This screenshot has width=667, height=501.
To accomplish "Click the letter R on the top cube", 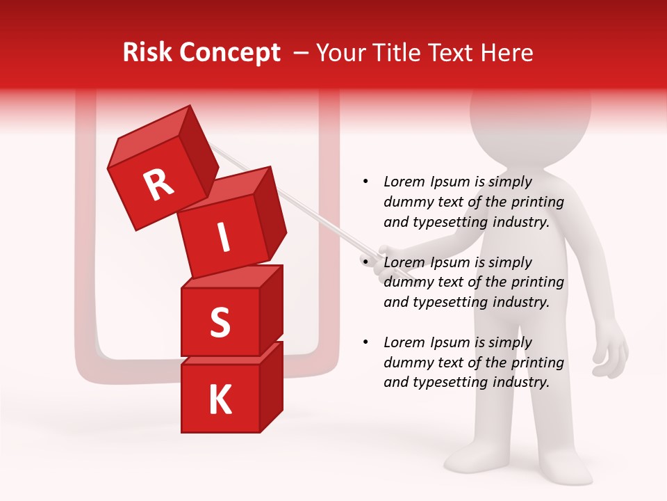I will coord(158,185).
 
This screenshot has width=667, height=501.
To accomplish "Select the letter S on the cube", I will coord(220,323).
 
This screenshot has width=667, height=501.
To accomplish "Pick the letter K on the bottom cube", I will coord(220,400).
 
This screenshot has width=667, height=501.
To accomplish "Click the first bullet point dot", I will coord(365,182).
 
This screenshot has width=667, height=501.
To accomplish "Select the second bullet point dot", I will coord(365,262).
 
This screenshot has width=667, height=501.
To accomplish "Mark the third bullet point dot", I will coord(365,342).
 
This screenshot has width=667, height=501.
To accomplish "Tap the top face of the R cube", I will coord(149,135).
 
